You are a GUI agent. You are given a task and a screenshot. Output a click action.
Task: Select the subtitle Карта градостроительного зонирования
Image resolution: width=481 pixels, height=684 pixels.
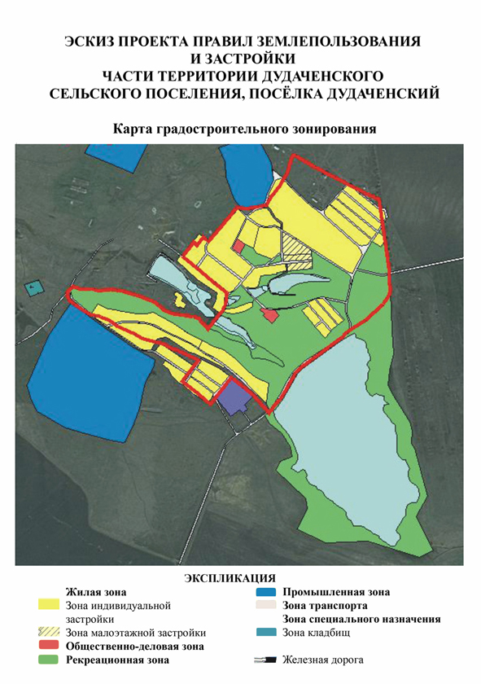coord(241,129)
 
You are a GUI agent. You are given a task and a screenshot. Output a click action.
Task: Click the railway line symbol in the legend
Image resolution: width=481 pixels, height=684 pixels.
coord(265,660)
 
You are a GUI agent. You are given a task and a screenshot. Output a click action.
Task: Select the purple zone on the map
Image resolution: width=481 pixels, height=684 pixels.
coord(236,399)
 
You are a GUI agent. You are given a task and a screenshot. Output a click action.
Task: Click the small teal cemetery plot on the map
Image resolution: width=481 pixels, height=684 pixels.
coord(33,287)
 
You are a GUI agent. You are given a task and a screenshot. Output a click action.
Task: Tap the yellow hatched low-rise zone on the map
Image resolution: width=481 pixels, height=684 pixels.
coord(297,249)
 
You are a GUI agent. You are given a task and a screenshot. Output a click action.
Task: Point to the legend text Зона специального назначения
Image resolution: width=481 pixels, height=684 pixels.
coord(361,620)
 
